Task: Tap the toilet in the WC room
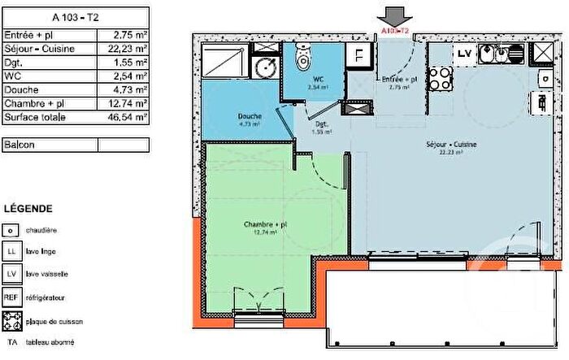pos(303,59)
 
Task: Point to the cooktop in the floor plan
pos(440,79)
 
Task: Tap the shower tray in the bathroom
pos(225,60)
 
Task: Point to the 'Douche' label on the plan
pos(250,116)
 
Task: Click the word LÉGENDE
pos(28,208)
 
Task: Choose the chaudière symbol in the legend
pos(11,231)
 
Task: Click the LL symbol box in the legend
pos(11,253)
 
